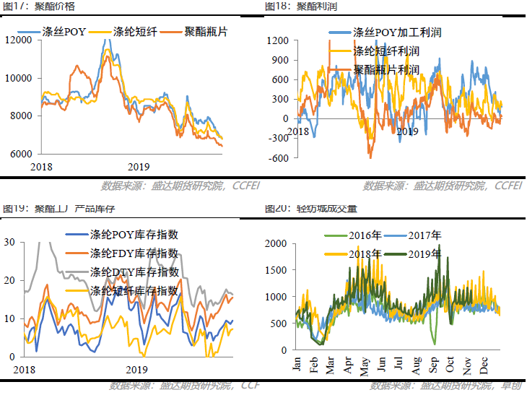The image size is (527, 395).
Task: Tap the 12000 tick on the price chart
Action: pyautogui.click(x=19, y=40)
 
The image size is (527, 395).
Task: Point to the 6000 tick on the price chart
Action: pyautogui.click(x=21, y=154)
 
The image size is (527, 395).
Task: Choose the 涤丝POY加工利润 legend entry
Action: pyautogui.click(x=397, y=32)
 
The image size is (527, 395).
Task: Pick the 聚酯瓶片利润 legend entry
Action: pyautogui.click(x=387, y=70)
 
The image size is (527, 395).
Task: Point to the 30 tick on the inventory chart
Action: pyautogui.click(x=9, y=242)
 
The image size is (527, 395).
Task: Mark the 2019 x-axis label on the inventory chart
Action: pyautogui.click(x=137, y=369)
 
